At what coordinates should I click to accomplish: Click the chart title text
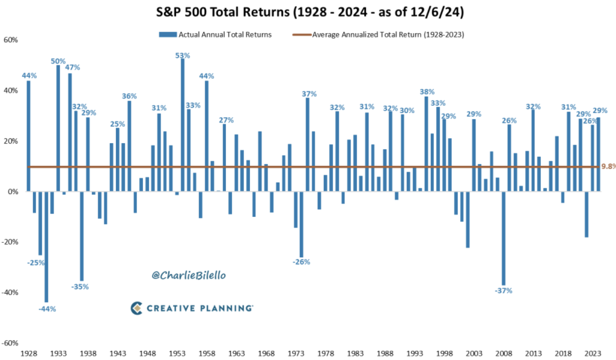click(x=310, y=12)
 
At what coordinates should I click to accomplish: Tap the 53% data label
click(x=183, y=56)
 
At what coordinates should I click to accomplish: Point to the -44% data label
click(x=47, y=309)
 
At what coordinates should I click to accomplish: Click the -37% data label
click(x=504, y=291)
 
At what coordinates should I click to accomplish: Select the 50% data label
click(x=58, y=61)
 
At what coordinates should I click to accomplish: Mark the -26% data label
click(x=301, y=262)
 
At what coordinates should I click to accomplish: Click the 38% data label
click(x=427, y=92)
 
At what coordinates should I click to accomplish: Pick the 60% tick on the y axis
click(x=10, y=40)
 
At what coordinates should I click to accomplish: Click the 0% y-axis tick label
click(x=13, y=192)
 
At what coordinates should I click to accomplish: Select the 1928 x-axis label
click(x=28, y=354)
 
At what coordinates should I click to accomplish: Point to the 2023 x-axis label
click(x=593, y=354)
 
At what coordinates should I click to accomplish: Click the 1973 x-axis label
click(x=296, y=354)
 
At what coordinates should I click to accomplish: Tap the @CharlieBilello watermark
click(x=189, y=276)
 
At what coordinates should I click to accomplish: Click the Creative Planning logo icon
click(x=137, y=308)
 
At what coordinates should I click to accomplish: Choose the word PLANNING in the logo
click(x=226, y=308)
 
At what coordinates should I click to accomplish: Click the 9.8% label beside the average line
click(x=608, y=166)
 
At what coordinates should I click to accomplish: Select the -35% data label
click(x=80, y=287)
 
